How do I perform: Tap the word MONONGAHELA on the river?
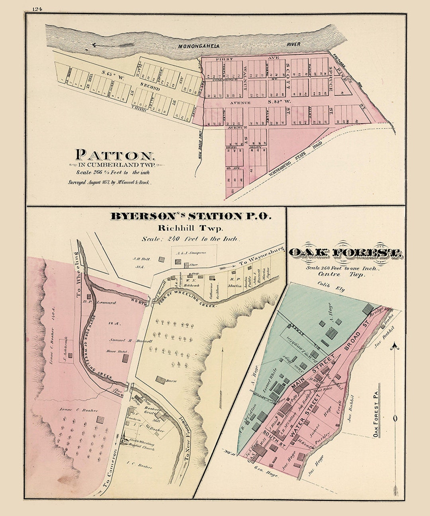coord(199,46)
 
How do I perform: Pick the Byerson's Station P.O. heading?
coord(190,217)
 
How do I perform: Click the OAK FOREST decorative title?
coord(345,253)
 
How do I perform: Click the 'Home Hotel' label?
coord(114,352)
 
